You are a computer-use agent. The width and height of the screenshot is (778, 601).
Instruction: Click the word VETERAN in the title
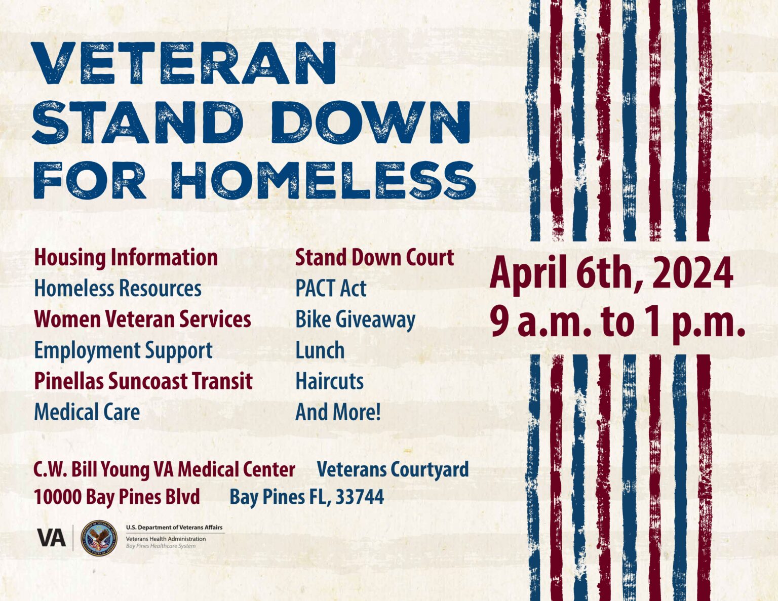(x=184, y=63)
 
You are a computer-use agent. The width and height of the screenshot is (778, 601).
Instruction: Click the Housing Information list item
(x=126, y=258)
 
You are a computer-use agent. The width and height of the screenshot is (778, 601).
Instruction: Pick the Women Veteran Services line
(x=142, y=319)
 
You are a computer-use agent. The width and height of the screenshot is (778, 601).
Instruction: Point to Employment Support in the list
(x=123, y=350)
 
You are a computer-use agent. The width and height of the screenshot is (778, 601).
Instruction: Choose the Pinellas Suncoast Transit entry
(x=143, y=381)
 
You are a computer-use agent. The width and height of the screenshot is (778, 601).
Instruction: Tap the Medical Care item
(x=87, y=412)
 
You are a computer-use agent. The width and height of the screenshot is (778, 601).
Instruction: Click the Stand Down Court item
(x=374, y=258)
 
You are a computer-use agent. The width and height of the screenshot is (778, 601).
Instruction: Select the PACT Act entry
(x=331, y=289)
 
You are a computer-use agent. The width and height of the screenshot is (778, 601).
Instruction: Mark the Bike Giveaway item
(x=355, y=320)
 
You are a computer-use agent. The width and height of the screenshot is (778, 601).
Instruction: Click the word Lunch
(x=320, y=350)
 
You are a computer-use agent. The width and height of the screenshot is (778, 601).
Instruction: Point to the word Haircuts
(x=329, y=381)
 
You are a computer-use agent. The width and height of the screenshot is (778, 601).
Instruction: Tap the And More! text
(x=338, y=412)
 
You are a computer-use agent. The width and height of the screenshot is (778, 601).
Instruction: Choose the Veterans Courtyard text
(x=393, y=469)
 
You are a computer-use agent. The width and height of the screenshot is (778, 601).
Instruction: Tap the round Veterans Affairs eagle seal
(x=99, y=538)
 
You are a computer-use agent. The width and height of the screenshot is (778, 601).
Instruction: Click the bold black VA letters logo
(x=51, y=538)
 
